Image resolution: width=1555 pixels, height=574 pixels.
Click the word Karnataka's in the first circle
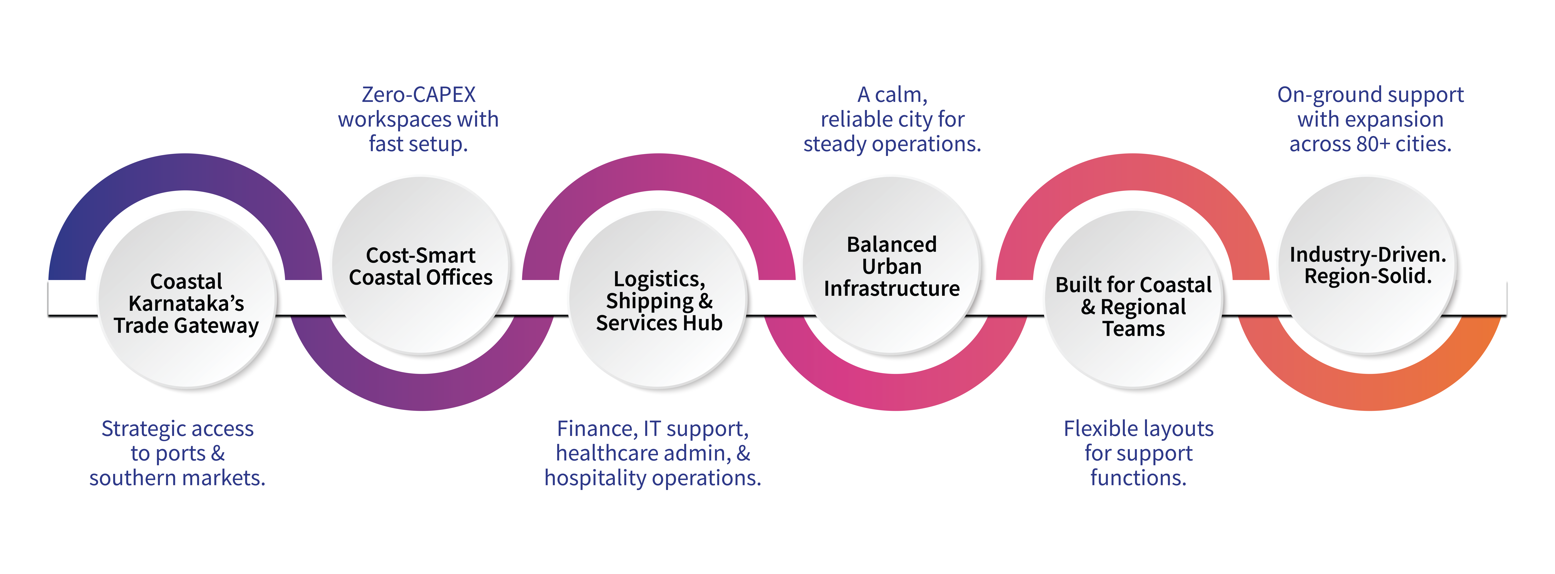tap(186, 304)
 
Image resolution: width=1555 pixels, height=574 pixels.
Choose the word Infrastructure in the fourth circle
tap(892, 288)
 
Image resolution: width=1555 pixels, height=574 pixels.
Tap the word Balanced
tap(892, 244)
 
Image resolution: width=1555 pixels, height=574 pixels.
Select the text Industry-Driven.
tap(1368, 254)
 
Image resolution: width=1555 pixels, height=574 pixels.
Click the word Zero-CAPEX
tap(418, 95)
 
